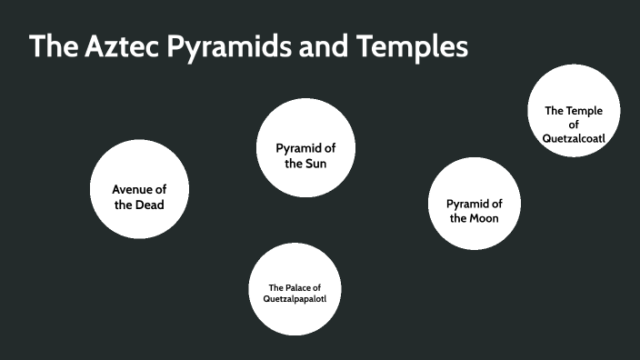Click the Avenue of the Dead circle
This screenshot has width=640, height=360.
(139, 190)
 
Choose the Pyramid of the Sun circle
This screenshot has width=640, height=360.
(304, 148)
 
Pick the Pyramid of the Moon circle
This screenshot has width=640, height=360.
(474, 205)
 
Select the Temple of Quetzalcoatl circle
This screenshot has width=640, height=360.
(574, 109)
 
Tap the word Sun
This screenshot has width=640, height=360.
(316, 164)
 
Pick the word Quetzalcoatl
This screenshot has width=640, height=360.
(574, 138)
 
